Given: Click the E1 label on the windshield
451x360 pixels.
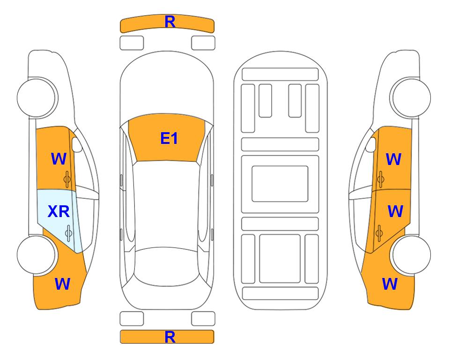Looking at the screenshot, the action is point(169,138).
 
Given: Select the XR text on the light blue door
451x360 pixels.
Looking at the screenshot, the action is point(59,212).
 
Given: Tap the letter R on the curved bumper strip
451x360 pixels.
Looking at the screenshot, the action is point(170,22).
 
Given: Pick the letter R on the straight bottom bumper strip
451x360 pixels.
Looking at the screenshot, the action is point(170,337).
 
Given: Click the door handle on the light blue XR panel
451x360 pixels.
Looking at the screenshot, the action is point(68,233).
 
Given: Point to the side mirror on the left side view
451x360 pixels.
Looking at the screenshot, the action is point(76,145).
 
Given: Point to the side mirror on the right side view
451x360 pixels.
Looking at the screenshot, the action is point(371,145).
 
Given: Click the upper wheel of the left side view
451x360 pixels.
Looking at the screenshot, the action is point(37,97).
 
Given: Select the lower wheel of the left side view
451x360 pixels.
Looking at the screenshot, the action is point(37,255).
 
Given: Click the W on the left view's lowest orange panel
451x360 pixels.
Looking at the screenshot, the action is point(62,284).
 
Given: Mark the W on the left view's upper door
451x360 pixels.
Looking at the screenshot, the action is point(59,159).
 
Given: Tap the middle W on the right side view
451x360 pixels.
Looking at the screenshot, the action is point(395,211).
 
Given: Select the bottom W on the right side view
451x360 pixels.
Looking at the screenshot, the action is point(390,284).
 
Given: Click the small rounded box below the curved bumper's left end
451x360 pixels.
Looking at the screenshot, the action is point(132,43).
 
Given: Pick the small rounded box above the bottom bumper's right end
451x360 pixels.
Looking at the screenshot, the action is point(203,319).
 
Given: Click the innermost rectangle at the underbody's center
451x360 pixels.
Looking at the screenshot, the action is point(280,184).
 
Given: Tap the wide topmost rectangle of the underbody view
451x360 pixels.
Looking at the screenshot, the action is point(280,75).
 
